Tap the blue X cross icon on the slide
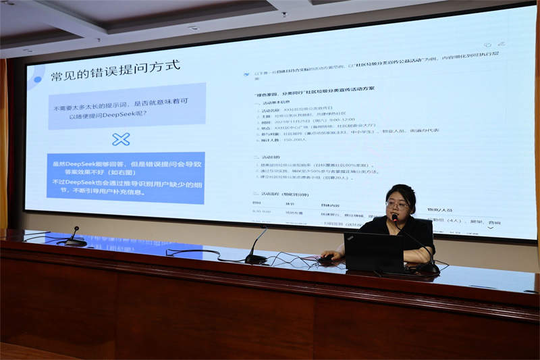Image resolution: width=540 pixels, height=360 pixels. [121, 139]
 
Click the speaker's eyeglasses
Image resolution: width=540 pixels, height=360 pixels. [396, 203]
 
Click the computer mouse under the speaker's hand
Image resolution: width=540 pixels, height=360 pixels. [326, 258]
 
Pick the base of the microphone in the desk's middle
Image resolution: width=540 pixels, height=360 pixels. [255, 259]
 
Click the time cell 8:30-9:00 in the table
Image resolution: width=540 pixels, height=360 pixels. [262, 211]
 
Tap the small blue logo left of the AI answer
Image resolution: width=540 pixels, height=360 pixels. [246, 73]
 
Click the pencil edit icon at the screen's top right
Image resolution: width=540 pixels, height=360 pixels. [487, 45]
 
